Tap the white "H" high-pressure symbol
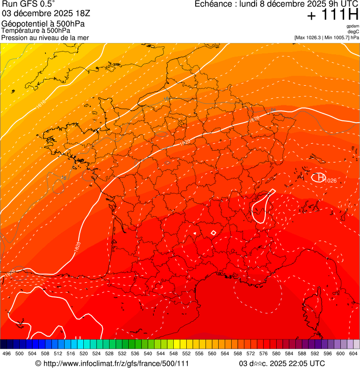320,177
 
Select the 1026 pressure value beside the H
331,181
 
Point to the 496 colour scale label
7,354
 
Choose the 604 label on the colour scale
353,354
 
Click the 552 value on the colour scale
186,354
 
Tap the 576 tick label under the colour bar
264,354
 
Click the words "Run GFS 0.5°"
28,4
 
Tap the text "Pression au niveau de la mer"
45,37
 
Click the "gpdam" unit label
353,26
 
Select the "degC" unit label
353,31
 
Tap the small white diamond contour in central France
213,233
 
